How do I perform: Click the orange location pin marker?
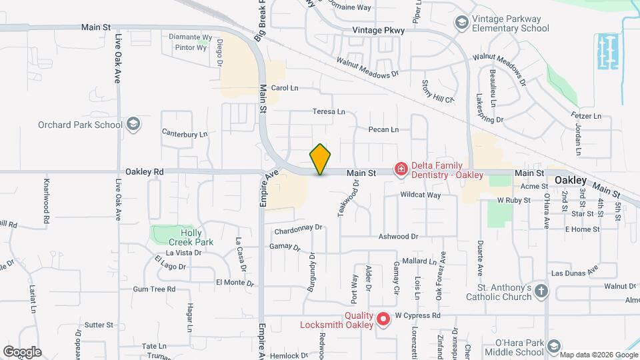(x=320, y=159)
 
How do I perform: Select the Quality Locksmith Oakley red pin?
(x=383, y=319)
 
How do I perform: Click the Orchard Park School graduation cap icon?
(x=133, y=125)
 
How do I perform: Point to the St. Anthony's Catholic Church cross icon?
(x=541, y=291)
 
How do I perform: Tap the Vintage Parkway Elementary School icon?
(x=461, y=23)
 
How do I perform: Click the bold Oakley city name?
(x=571, y=181)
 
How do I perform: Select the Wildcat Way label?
(x=420, y=195)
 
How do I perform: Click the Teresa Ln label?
(x=329, y=112)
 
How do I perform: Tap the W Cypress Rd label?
(x=418, y=315)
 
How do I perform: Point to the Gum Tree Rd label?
(x=154, y=289)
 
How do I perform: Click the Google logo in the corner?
(x=22, y=351)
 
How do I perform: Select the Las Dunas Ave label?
(x=575, y=273)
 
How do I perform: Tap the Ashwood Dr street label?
(x=398, y=237)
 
